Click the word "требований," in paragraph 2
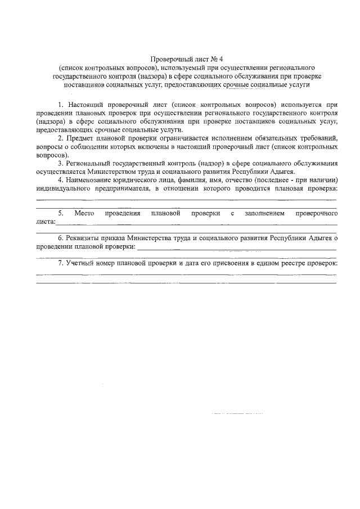[313, 138]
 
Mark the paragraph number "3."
[61, 163]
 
